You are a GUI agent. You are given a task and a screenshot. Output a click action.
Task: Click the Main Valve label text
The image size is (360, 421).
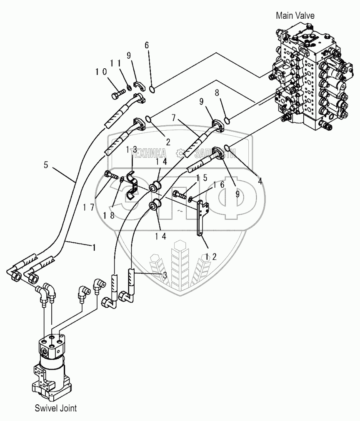(x=295, y=16)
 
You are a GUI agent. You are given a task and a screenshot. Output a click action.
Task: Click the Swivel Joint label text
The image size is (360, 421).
(x=55, y=408)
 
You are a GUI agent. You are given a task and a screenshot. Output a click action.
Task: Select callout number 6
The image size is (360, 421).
(x=146, y=45)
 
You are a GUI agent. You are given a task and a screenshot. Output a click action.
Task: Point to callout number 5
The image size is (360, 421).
(x=46, y=165)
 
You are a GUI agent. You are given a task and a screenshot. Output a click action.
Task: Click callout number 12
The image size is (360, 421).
(x=210, y=257)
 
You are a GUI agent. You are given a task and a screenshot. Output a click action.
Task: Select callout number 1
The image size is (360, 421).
(x=94, y=247)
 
